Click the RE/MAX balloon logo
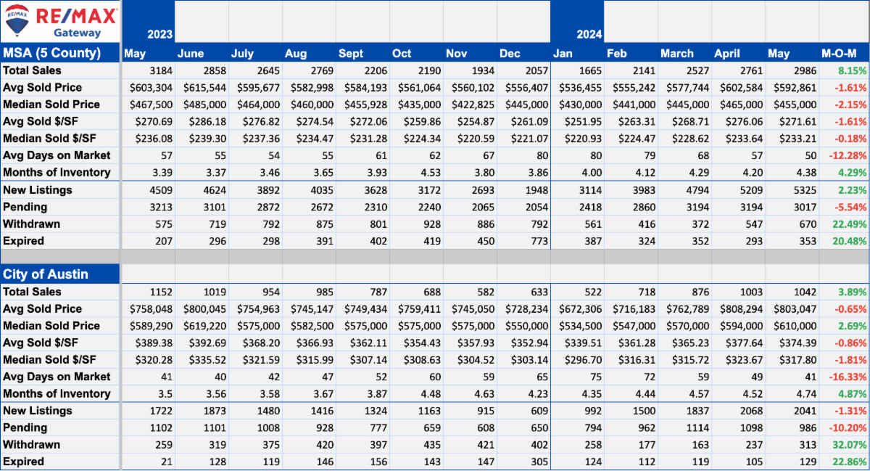point(17,20)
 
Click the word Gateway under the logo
point(77,33)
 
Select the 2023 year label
point(159,34)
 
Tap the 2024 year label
point(589,34)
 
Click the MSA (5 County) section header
point(51,52)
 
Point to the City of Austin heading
point(46,274)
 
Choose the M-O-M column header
point(839,53)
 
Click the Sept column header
point(351,53)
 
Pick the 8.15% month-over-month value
point(852,71)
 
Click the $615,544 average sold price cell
point(204,88)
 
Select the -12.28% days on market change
point(848,155)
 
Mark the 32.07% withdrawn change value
point(850,445)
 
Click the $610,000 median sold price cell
point(795,326)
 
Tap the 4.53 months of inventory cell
point(431,173)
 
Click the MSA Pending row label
point(25,207)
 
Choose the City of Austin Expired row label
point(23,462)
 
